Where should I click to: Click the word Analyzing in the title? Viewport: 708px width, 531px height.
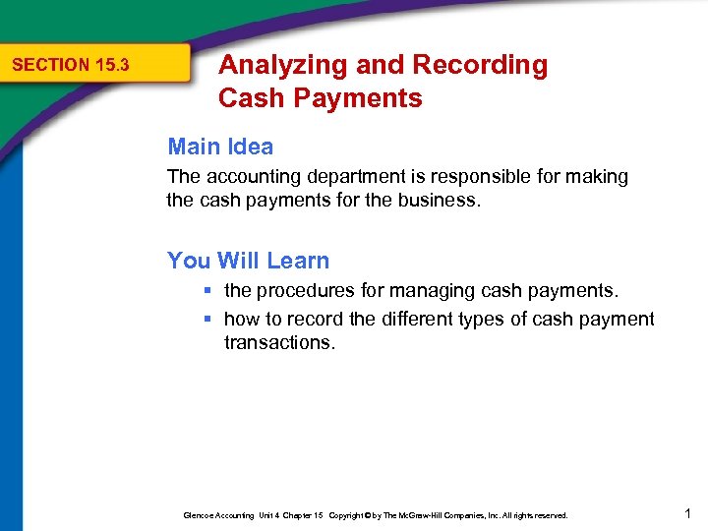tap(269, 66)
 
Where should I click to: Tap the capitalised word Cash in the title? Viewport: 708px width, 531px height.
tap(247, 98)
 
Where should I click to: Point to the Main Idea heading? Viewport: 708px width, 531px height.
tap(220, 147)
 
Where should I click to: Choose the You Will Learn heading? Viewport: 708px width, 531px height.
tap(248, 261)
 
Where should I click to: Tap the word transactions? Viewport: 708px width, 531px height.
tap(279, 342)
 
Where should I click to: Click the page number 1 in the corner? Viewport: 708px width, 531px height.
tap(687, 511)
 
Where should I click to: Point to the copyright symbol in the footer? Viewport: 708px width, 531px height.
tap(369, 515)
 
